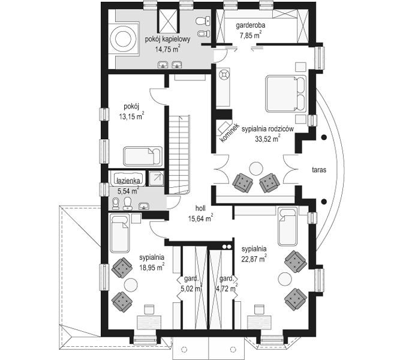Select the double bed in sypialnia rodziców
[285, 94]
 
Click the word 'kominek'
[229, 133]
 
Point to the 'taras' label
[319, 170]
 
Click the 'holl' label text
[200, 208]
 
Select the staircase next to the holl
[179, 154]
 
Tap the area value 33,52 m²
[268, 138]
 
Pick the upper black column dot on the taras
[324, 137]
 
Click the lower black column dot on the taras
[324, 202]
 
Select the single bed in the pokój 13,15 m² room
[143, 156]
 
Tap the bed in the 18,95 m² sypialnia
[120, 233]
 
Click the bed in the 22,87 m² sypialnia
[288, 226]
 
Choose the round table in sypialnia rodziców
[256, 169]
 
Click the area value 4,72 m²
[227, 289]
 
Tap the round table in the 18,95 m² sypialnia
[131, 284]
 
